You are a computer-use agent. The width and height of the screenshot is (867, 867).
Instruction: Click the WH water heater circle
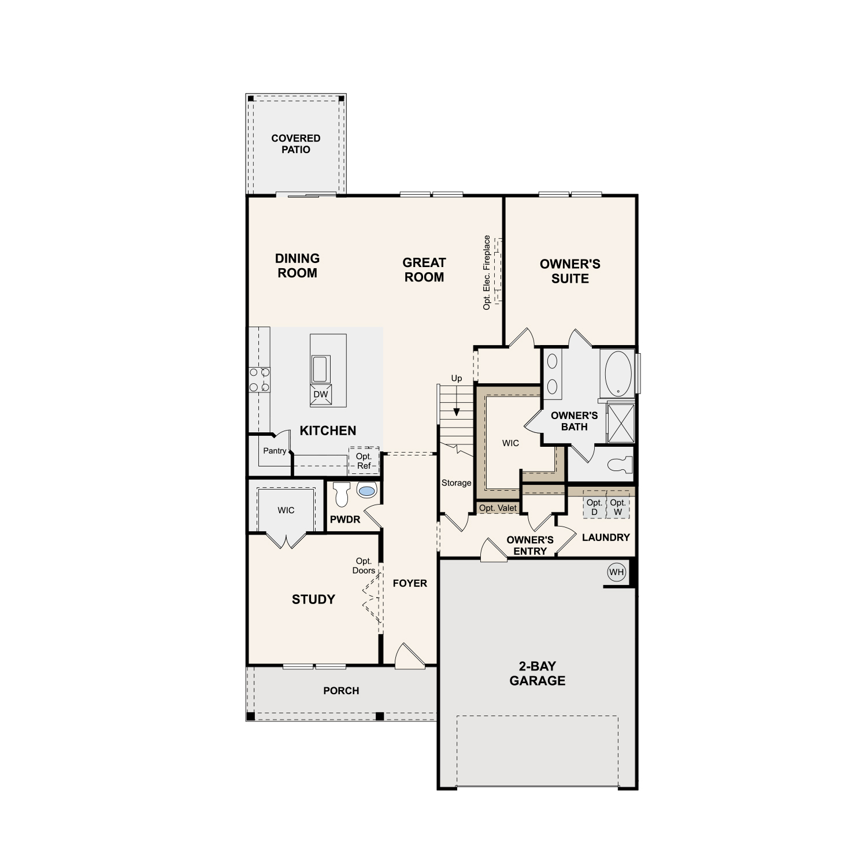click(x=617, y=572)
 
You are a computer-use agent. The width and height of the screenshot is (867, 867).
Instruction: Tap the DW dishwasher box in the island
click(x=320, y=394)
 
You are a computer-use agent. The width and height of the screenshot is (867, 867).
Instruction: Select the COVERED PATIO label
click(x=296, y=144)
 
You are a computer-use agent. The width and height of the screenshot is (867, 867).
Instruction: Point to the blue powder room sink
click(x=366, y=491)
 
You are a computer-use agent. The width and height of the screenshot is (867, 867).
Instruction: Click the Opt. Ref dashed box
click(x=364, y=461)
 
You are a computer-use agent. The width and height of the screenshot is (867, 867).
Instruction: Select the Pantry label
click(x=275, y=451)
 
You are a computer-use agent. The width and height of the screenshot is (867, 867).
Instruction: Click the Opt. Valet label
click(x=498, y=508)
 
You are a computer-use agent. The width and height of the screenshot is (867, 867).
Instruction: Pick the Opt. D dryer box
click(x=594, y=507)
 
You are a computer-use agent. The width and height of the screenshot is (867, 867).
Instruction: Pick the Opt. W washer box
click(x=618, y=507)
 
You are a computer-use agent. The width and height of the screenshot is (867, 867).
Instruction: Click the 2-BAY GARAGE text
click(x=538, y=673)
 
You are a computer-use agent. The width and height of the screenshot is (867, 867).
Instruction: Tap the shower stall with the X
click(x=621, y=424)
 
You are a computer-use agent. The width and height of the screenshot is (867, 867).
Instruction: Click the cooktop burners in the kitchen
click(x=260, y=380)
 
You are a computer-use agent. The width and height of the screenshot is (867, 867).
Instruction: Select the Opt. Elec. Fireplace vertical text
click(x=487, y=272)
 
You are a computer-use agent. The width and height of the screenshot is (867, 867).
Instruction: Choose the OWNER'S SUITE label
click(x=570, y=271)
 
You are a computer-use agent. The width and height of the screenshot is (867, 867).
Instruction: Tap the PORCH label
click(x=341, y=691)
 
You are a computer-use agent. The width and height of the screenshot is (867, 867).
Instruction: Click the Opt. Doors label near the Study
click(x=364, y=566)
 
